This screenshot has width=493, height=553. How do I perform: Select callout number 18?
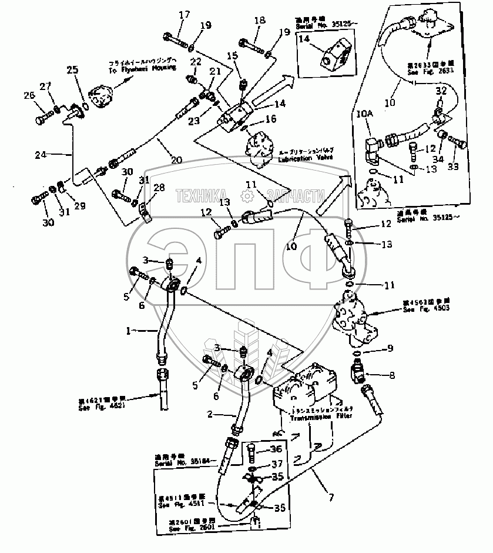[259, 21]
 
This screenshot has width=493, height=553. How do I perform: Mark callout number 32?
[441, 91]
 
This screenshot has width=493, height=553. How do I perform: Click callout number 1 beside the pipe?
[129, 331]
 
